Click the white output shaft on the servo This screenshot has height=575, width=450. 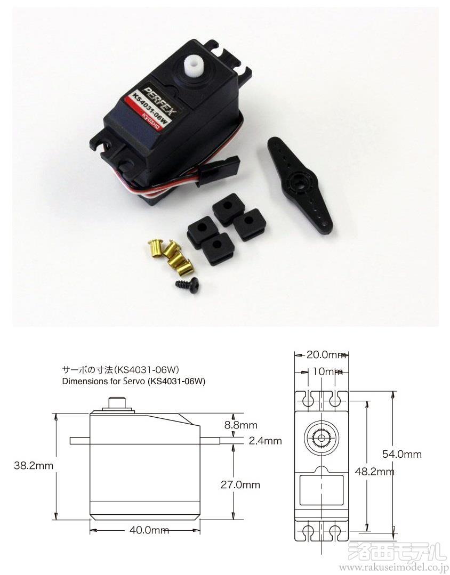click(193, 68)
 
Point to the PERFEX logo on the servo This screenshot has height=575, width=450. click(161, 100)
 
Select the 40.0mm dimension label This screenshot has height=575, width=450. click(149, 530)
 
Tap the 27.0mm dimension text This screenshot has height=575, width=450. click(240, 484)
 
